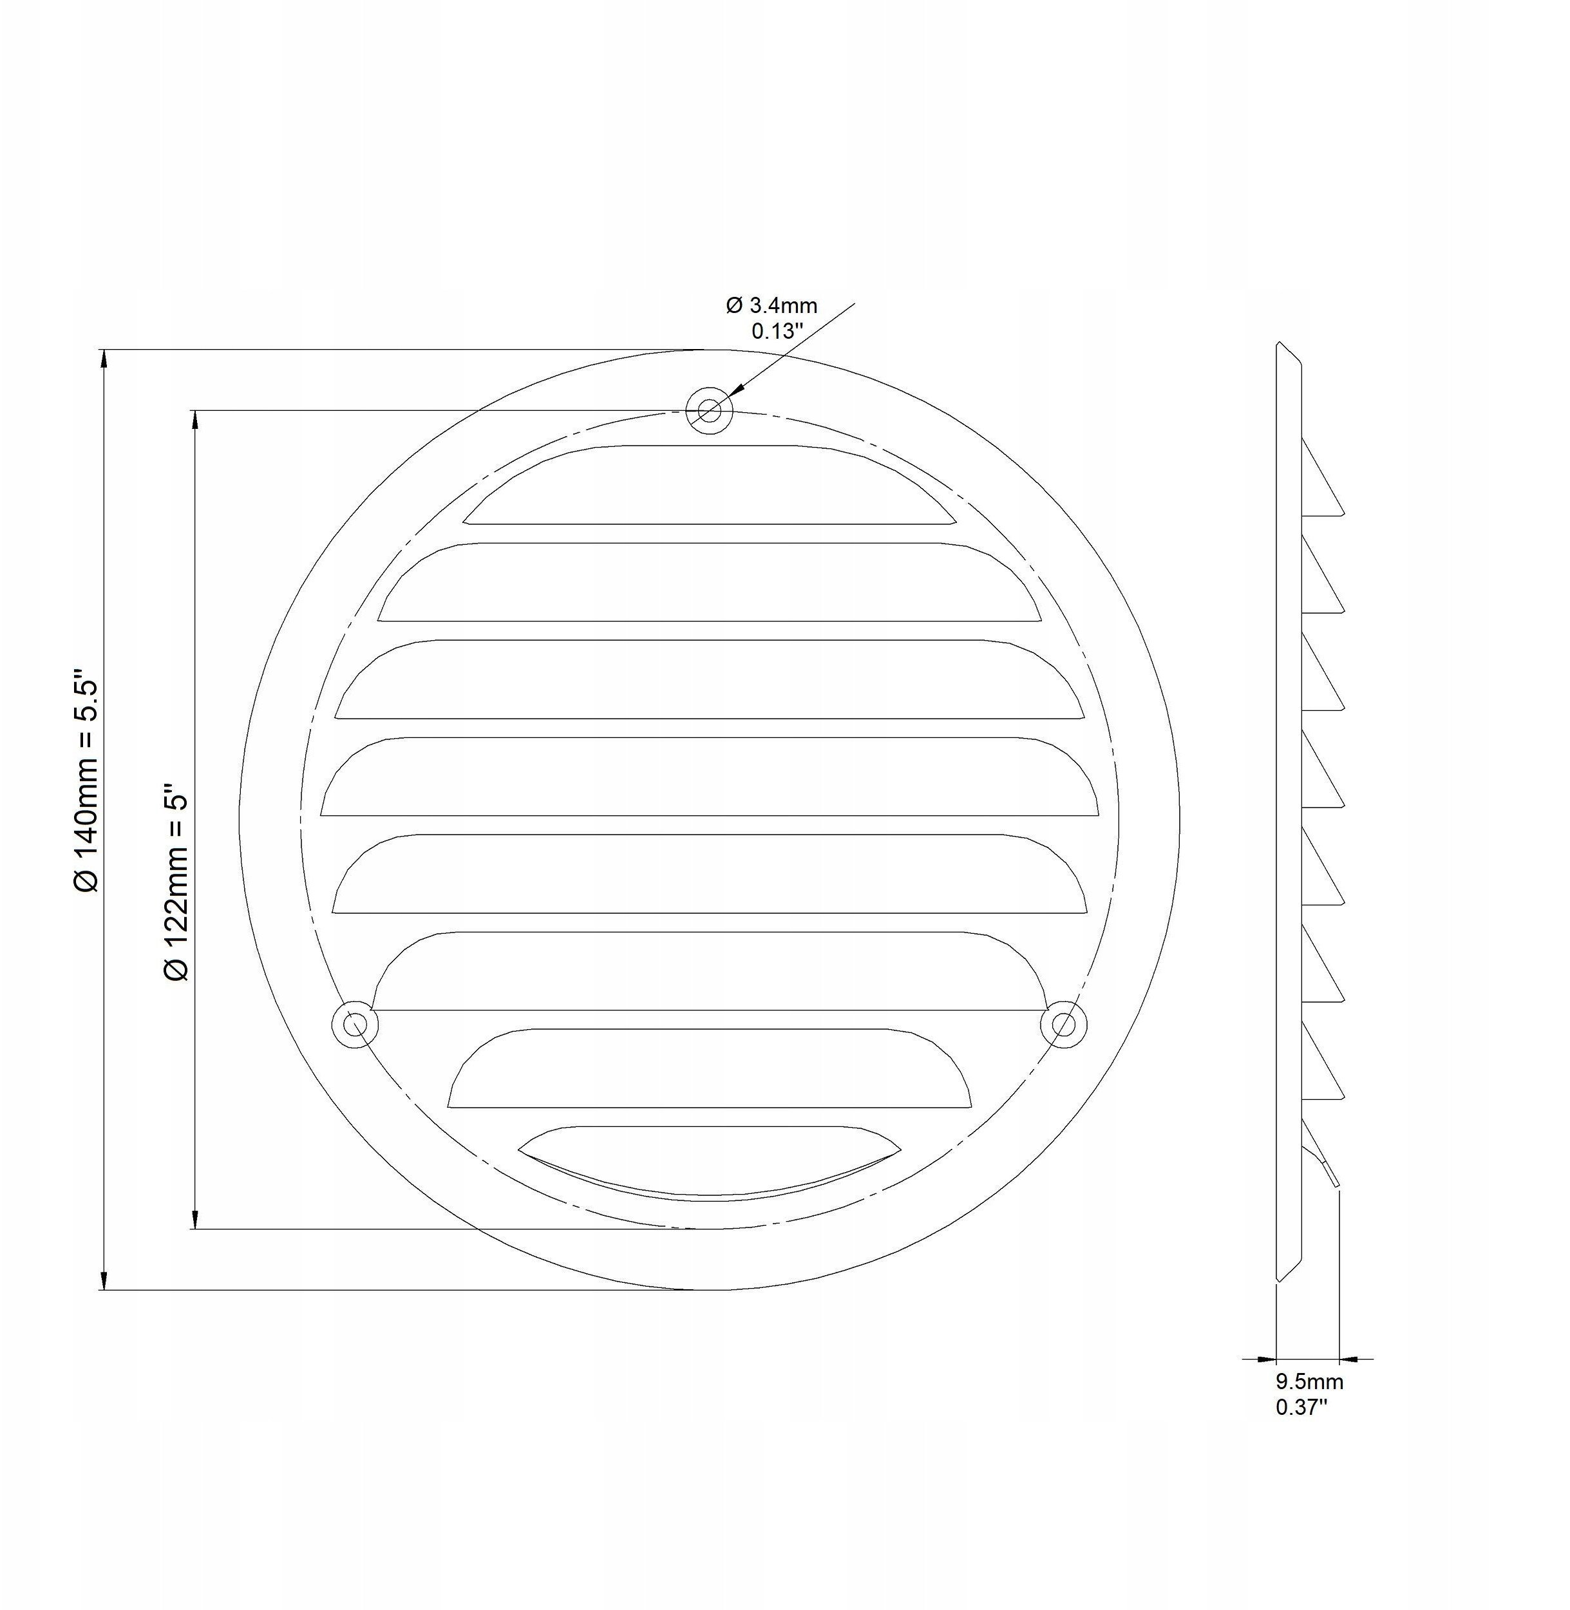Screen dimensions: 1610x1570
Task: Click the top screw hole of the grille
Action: (x=709, y=410)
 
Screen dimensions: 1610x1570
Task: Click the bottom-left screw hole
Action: (x=355, y=1025)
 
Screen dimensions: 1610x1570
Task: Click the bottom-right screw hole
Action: (x=1064, y=1025)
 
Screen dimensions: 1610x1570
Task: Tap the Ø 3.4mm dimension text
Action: (x=772, y=306)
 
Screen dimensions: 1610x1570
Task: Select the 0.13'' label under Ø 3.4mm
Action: (x=777, y=332)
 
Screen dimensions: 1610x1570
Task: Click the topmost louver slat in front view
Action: (x=709, y=487)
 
